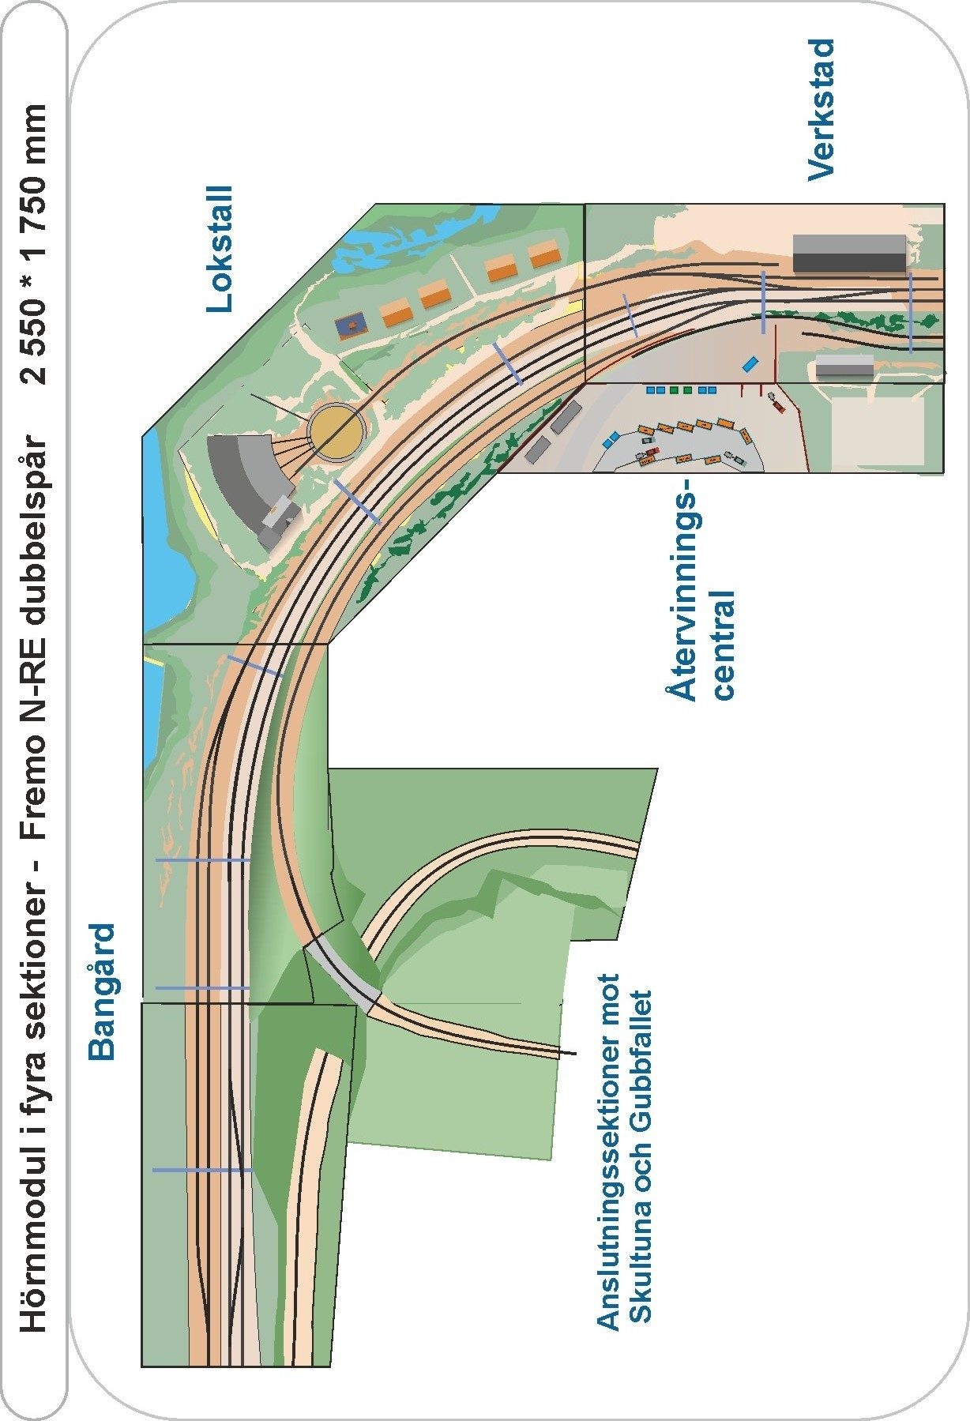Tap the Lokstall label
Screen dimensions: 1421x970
[220, 250]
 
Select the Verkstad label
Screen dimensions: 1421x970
[821, 110]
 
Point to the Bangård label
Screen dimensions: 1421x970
[103, 991]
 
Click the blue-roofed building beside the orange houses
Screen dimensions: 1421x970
[350, 325]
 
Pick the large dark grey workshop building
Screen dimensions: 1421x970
[848, 253]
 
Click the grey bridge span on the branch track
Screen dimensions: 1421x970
[344, 972]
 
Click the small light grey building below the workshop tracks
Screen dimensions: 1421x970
[844, 366]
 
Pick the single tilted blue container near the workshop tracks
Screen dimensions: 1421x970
[750, 364]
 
